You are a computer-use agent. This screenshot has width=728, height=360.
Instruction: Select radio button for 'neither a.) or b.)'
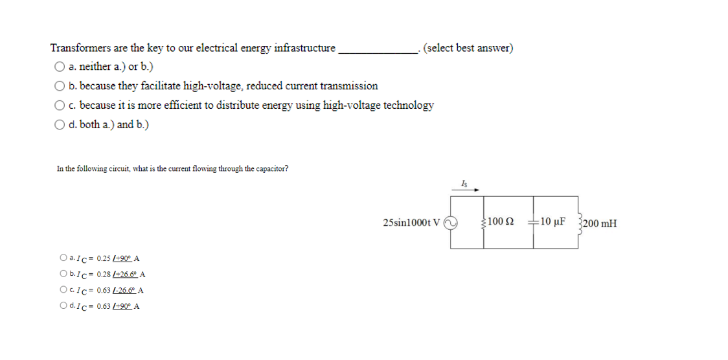tap(60, 66)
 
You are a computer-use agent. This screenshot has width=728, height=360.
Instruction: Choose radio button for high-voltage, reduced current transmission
tap(60, 85)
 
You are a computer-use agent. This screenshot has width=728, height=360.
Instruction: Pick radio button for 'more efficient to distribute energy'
tap(60, 105)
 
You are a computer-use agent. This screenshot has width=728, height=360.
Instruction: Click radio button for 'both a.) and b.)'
tap(60, 124)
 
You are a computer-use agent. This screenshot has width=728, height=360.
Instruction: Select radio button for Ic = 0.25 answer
tap(63, 259)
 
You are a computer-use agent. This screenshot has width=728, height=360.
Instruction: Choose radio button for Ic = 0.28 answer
tap(63, 275)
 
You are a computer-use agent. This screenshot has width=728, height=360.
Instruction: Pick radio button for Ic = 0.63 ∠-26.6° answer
tap(63, 290)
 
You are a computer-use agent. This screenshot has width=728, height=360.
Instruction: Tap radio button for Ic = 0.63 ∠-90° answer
tap(63, 306)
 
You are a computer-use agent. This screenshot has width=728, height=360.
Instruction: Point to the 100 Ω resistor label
tap(501, 223)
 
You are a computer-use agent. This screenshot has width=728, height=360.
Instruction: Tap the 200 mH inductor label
tap(599, 224)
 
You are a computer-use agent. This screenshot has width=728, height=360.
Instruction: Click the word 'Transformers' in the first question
tap(80, 48)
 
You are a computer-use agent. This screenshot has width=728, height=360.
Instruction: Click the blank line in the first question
tap(379, 51)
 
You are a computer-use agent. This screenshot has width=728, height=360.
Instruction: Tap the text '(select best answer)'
tap(468, 48)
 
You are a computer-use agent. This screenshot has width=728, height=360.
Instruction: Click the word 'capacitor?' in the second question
tap(273, 169)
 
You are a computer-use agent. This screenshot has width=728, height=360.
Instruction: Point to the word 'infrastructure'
tap(304, 48)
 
